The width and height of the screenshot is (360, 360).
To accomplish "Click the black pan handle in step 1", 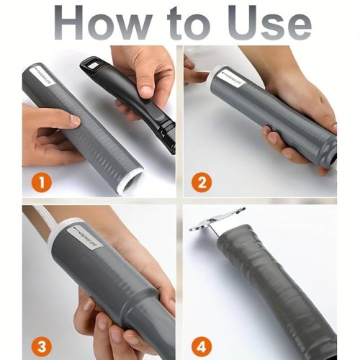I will pos(144,101).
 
